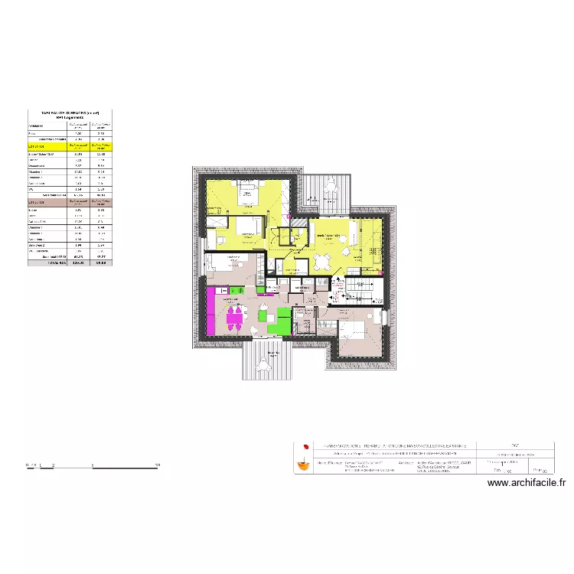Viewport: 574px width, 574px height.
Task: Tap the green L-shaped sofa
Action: tap(276, 320)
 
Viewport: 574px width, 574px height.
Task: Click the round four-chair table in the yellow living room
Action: tap(321, 263)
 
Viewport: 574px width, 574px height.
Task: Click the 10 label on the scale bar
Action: tap(158, 465)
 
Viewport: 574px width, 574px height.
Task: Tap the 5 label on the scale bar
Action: tap(92, 465)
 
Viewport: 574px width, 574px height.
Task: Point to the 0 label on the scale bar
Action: tap(28, 465)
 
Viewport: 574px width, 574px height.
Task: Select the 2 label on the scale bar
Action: tap(52, 465)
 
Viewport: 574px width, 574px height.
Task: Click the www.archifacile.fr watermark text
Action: tap(526, 483)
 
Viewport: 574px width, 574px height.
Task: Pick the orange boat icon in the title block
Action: tap(305, 463)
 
